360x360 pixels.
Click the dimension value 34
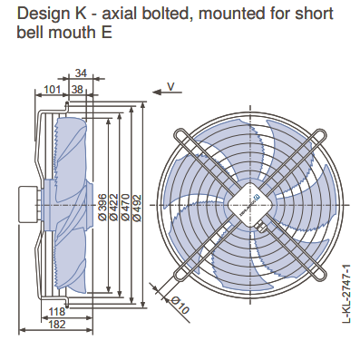(81, 73)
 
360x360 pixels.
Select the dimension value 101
(53, 90)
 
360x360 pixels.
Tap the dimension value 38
(77, 90)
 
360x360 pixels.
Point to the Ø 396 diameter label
(102, 207)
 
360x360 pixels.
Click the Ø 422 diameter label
(114, 207)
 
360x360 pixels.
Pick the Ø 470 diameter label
(125, 207)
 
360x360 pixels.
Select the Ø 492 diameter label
(137, 207)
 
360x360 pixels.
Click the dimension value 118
(57, 311)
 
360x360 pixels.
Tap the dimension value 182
(57, 325)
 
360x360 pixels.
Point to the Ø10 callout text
(180, 306)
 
